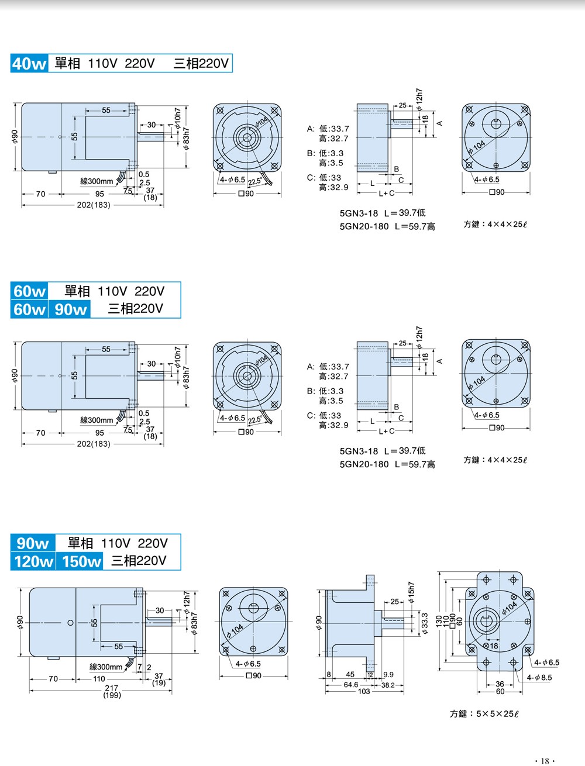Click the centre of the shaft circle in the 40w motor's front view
247,137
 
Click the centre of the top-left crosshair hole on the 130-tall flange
486,579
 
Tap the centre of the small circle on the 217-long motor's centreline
71,623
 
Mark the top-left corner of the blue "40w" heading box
11,54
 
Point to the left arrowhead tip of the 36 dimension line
486,685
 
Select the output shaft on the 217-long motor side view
159,622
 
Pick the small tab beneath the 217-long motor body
54,658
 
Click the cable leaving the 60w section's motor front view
267,417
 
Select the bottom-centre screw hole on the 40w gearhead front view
496,165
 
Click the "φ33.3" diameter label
425,624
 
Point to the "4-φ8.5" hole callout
539,678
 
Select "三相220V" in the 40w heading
201,63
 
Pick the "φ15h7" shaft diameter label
411,592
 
